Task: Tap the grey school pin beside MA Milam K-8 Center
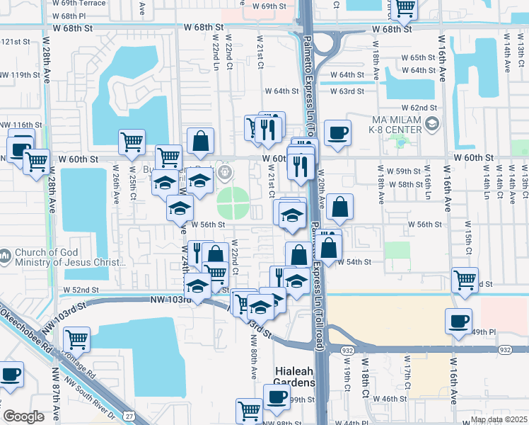[431, 125]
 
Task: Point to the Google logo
[23, 416]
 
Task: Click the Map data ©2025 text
[498, 419]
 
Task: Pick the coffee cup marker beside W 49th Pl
[458, 321]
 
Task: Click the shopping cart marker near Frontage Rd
[76, 339]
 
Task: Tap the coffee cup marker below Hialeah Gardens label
[277, 396]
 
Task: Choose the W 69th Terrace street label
[79, 4]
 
